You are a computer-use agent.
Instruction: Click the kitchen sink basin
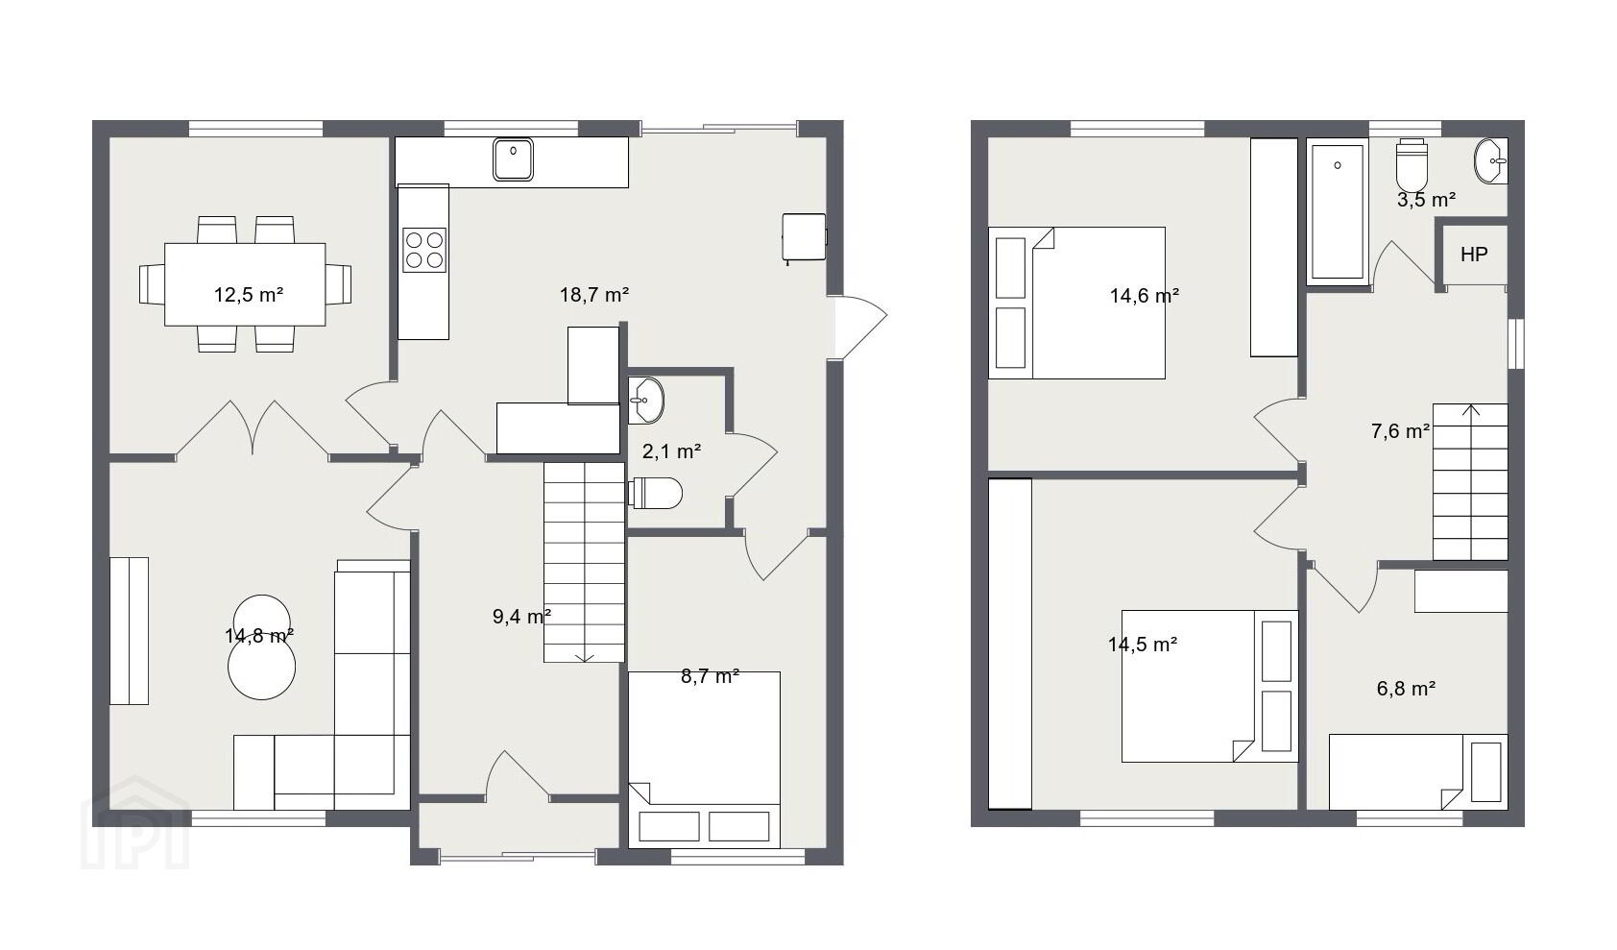pyautogui.click(x=514, y=159)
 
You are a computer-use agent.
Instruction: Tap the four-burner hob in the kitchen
pyautogui.click(x=424, y=250)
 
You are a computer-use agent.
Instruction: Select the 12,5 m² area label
pyautogui.click(x=249, y=295)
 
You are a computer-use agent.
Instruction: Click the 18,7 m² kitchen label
pyautogui.click(x=594, y=295)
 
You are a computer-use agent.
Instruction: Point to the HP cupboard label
pyautogui.click(x=1474, y=255)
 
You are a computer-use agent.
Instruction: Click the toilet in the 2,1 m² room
pyautogui.click(x=655, y=493)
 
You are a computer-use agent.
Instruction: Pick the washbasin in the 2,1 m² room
pyautogui.click(x=645, y=400)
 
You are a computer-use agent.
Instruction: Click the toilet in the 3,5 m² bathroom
pyautogui.click(x=1412, y=165)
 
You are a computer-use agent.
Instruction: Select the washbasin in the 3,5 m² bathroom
pyautogui.click(x=1490, y=161)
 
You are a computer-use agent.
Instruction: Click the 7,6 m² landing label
pyautogui.click(x=1400, y=431)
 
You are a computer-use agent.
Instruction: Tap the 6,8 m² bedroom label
pyautogui.click(x=1406, y=689)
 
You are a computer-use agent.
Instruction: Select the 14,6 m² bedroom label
pyautogui.click(x=1145, y=295)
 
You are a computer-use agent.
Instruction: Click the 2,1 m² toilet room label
pyautogui.click(x=671, y=451)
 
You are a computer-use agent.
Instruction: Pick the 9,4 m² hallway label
pyautogui.click(x=522, y=616)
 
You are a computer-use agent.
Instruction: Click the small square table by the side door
pyautogui.click(x=804, y=236)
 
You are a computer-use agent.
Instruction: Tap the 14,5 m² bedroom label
pyautogui.click(x=1143, y=644)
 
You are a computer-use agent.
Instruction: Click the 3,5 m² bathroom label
pyautogui.click(x=1426, y=199)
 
